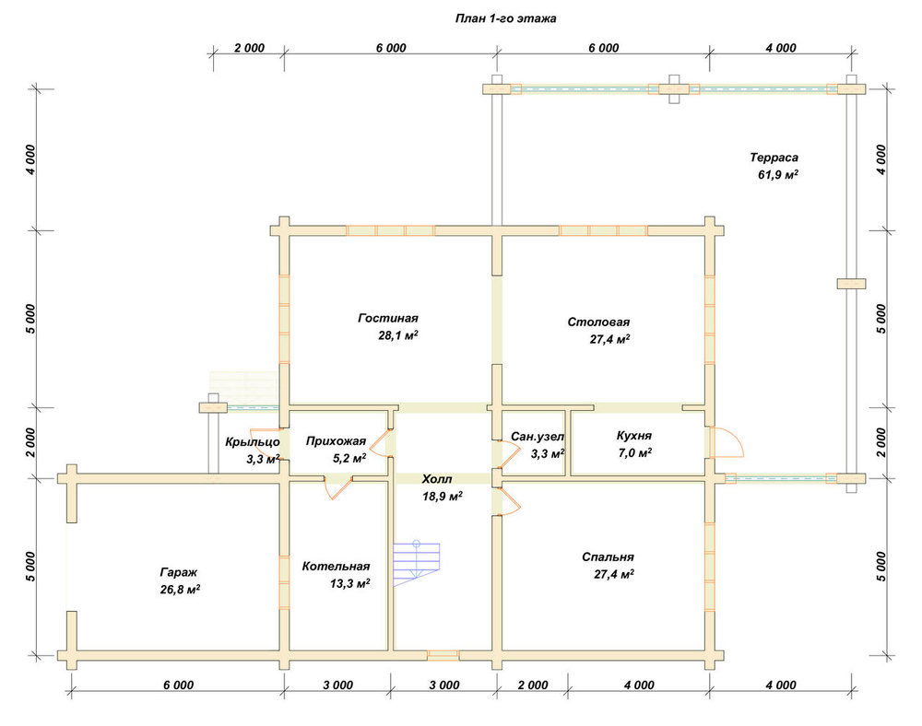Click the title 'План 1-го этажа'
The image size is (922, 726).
click(x=505, y=18)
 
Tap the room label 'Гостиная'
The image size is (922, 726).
click(x=388, y=319)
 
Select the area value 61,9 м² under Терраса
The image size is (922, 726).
click(x=778, y=174)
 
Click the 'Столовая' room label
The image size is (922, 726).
click(x=598, y=322)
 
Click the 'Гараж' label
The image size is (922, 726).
click(x=179, y=572)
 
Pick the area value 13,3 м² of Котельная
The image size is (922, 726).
click(x=349, y=583)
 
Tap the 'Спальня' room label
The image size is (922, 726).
click(x=608, y=556)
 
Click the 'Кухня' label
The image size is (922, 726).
click(x=634, y=436)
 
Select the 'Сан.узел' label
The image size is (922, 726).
click(x=538, y=437)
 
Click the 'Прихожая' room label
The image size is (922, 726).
click(x=336, y=441)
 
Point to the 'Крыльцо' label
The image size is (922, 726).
click(x=253, y=441)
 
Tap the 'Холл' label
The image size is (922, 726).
click(x=437, y=479)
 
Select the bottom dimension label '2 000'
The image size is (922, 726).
click(x=533, y=685)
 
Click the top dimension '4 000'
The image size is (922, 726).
click(x=781, y=48)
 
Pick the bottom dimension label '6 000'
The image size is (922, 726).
click(x=179, y=685)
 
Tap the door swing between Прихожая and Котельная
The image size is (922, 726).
click(x=337, y=489)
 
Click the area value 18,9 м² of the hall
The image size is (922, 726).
click(x=443, y=497)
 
